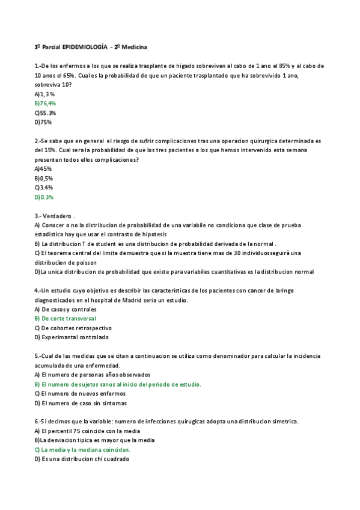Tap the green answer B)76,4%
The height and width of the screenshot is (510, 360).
coord(45,103)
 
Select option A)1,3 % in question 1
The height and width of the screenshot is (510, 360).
coord(45,94)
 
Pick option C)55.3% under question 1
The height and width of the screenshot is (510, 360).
coord(45,113)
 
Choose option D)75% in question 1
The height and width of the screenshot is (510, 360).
coord(43,122)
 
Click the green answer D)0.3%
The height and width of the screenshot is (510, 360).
coord(44,197)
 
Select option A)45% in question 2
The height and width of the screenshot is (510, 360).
coord(43,169)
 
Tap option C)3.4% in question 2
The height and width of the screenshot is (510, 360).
coord(44,188)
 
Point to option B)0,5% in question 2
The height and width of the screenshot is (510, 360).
coord(44,179)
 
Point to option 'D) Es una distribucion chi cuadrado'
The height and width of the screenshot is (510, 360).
coord(82,459)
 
